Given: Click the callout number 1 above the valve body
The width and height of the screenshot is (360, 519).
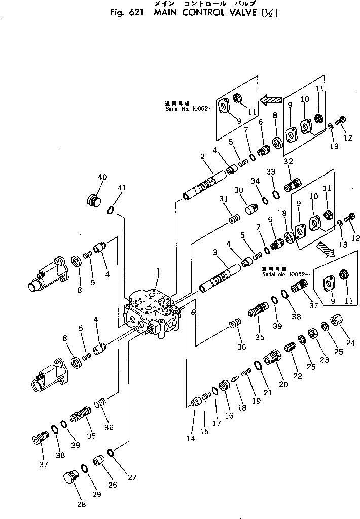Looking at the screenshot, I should (158, 272).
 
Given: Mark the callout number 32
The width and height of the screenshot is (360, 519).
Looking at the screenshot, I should (289, 161).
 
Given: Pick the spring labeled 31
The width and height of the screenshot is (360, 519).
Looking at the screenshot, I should (234, 219).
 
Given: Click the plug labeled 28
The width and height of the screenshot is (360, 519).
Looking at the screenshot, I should (70, 478).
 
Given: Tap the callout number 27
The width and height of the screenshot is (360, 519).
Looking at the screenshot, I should (132, 477).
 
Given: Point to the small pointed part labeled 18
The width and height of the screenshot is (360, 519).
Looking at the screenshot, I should (234, 378).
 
